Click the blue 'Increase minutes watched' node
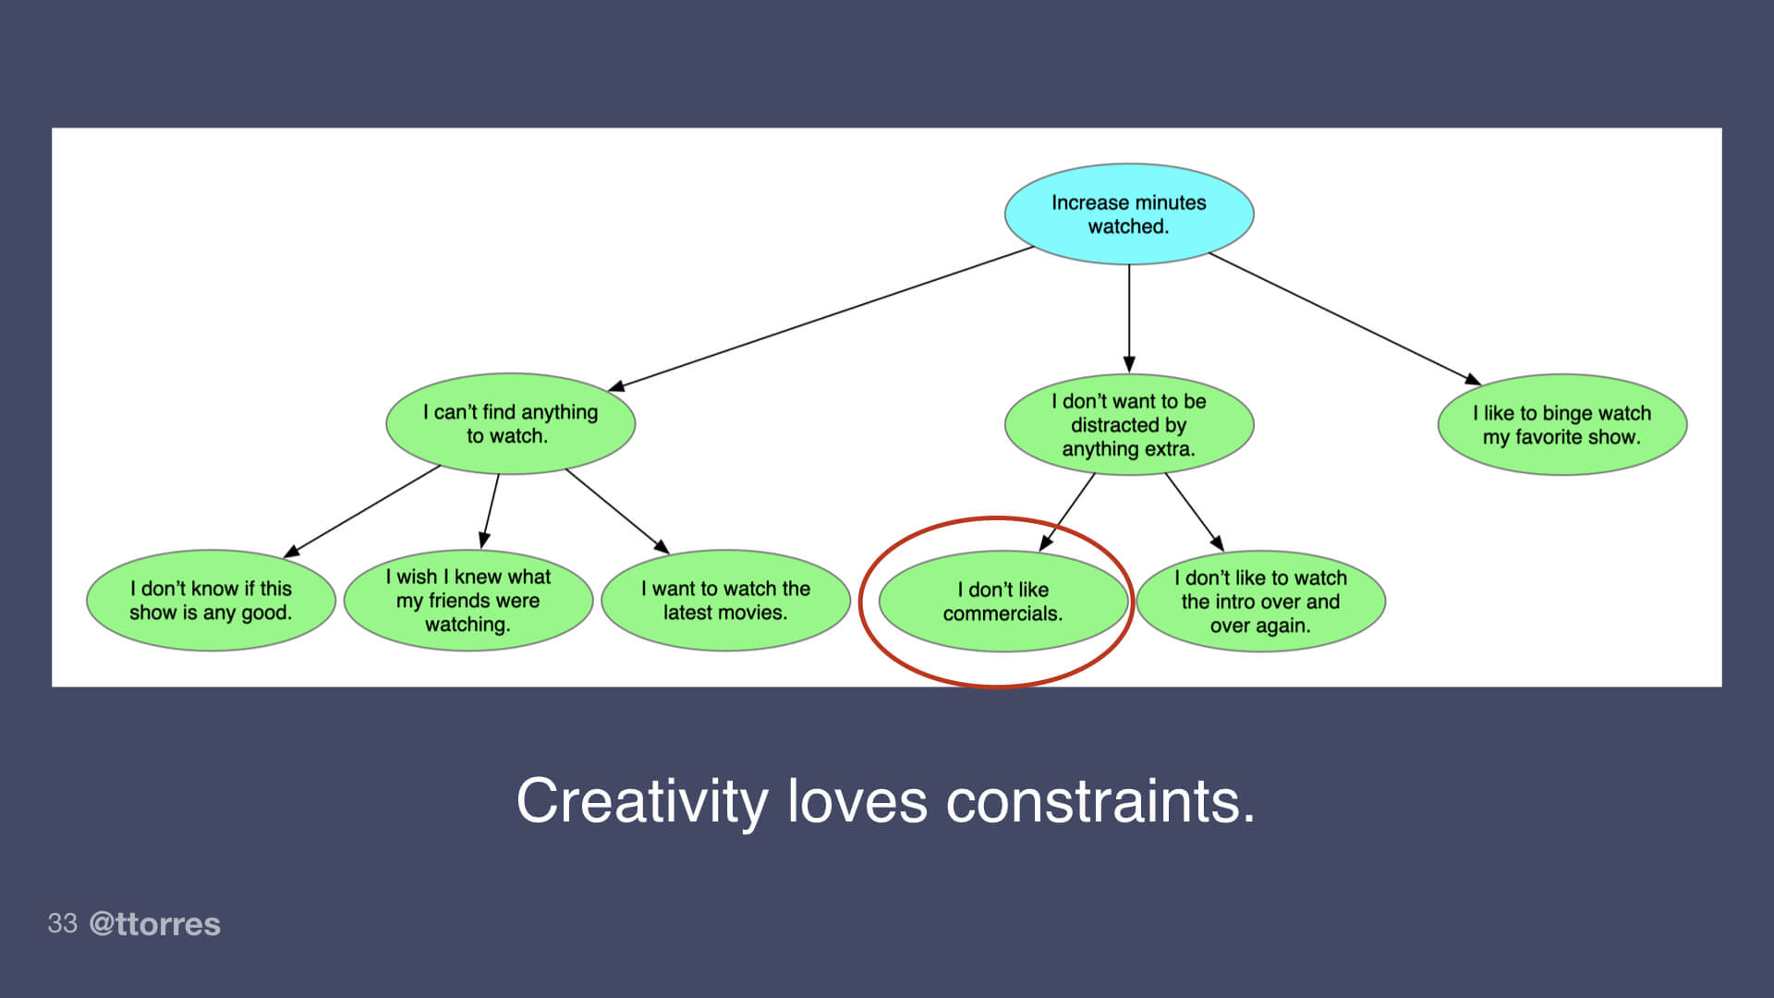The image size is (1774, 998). [x=1128, y=214]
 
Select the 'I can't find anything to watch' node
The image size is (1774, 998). [x=510, y=424]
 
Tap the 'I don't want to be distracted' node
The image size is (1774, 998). [x=1128, y=425]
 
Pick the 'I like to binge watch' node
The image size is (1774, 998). [x=1561, y=425]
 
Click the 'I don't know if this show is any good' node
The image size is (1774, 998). [x=211, y=601]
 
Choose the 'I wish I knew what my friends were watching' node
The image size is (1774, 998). [x=468, y=601]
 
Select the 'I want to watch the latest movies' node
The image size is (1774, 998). [x=725, y=601]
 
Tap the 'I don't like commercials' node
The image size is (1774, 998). [x=1002, y=602]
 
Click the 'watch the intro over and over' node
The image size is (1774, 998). [x=1260, y=602]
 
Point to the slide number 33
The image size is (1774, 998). [x=62, y=923]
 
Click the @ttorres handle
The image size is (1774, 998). [x=154, y=924]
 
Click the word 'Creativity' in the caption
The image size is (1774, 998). [x=641, y=801]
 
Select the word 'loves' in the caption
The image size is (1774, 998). [x=857, y=801]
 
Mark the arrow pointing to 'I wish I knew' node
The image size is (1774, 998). [x=490, y=511]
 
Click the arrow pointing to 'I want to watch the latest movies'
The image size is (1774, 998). [x=616, y=511]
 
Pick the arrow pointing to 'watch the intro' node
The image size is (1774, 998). [x=1194, y=512]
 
